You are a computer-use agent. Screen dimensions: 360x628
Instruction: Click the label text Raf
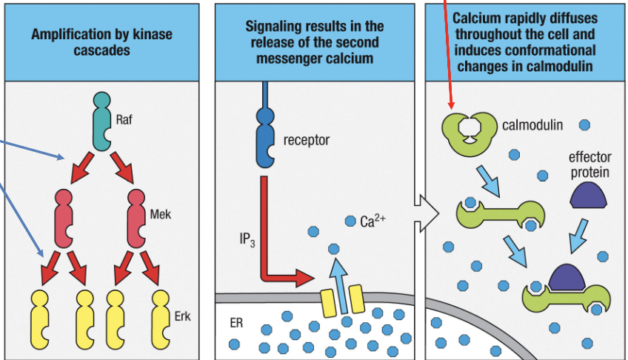[124, 117]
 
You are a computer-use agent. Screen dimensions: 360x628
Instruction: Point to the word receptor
[306, 139]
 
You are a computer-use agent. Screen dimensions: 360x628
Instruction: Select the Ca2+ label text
[374, 220]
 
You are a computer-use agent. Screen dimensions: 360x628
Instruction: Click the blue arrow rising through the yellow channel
[338, 278]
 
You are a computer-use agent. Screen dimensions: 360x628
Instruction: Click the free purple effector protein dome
[590, 195]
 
